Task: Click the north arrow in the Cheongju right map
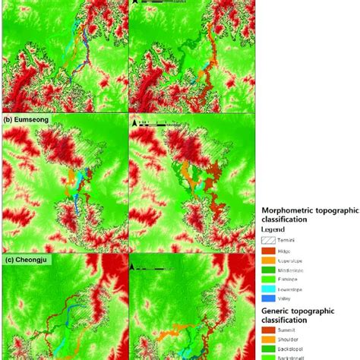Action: (x=135, y=267)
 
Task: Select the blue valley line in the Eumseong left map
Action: (x=77, y=204)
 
